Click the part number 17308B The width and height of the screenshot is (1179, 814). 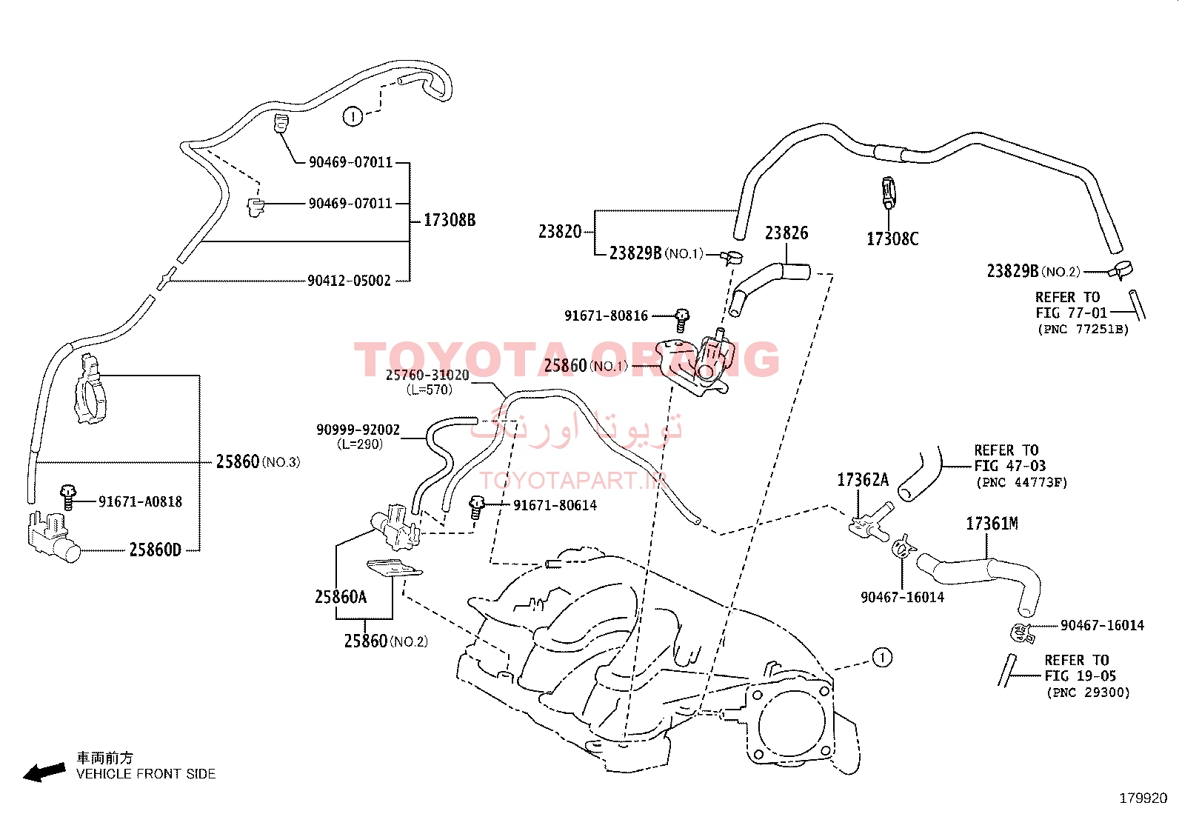(450, 220)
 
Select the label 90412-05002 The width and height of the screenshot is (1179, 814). (349, 281)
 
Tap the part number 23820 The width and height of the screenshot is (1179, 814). (559, 231)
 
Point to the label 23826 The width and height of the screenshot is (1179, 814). (786, 233)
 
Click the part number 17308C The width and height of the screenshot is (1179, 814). (892, 239)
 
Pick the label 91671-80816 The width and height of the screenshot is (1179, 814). (606, 316)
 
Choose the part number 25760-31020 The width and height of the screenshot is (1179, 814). (427, 375)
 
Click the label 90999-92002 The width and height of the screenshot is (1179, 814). (358, 430)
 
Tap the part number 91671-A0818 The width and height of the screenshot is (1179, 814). (140, 501)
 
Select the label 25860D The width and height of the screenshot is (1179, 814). (156, 550)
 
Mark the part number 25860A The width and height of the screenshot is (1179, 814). (341, 597)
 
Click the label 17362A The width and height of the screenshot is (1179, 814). (863, 480)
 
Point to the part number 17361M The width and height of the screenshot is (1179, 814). (992, 524)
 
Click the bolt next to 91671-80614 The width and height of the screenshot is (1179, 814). (476, 507)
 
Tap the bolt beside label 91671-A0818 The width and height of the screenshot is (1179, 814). (68, 497)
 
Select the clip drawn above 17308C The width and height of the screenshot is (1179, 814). (889, 193)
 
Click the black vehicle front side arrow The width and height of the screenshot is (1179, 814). (44, 773)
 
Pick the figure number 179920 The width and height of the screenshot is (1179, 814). (1143, 798)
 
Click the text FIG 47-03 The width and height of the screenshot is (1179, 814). (1009, 466)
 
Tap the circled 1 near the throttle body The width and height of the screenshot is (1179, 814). (882, 658)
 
